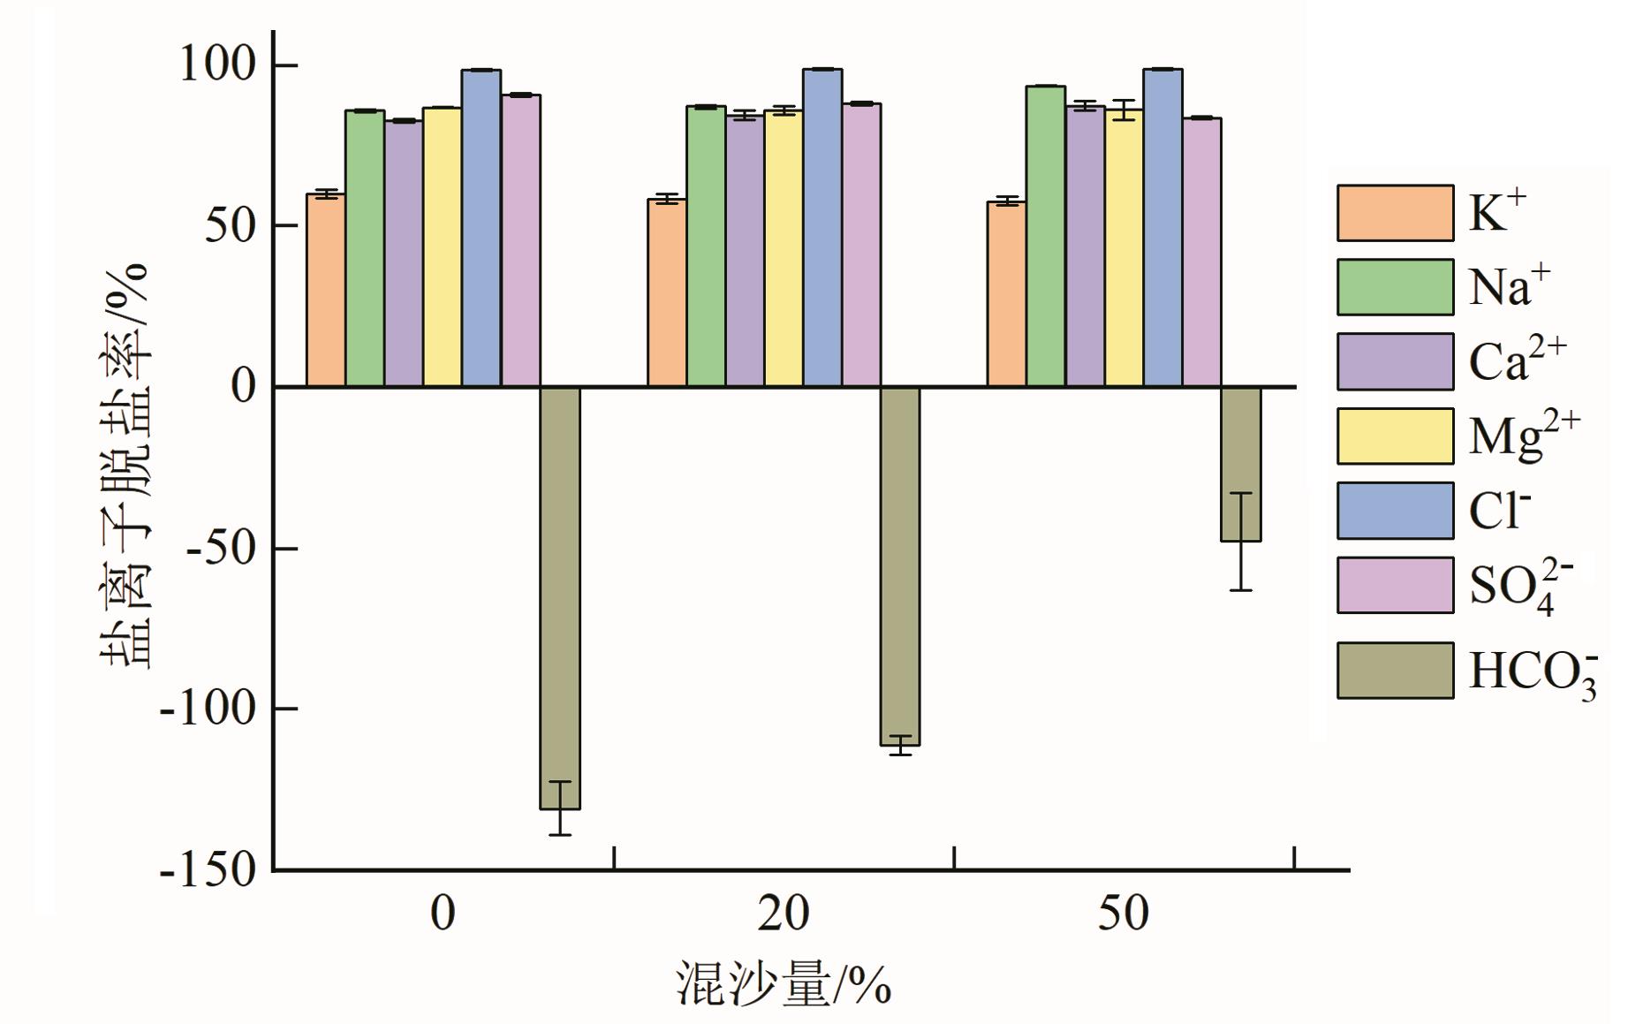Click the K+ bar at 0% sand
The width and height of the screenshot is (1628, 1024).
(325, 291)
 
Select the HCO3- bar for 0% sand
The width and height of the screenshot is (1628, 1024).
(560, 597)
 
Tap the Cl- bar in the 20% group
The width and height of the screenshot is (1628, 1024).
(822, 228)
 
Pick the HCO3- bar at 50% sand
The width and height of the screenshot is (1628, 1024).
(1240, 464)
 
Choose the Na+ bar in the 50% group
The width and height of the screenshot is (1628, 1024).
(1045, 236)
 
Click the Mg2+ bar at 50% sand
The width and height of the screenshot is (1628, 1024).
(1124, 248)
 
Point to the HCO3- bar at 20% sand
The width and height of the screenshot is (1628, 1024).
(900, 565)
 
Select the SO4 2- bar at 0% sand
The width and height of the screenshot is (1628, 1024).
(521, 240)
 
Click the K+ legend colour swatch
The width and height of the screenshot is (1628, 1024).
(1394, 213)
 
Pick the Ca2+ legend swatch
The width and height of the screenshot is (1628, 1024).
(1394, 361)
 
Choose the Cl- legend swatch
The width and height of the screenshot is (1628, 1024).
(1394, 511)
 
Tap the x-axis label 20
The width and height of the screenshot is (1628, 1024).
(783, 914)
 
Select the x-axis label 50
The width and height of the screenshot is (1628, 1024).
(1123, 914)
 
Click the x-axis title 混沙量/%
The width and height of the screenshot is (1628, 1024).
(783, 983)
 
